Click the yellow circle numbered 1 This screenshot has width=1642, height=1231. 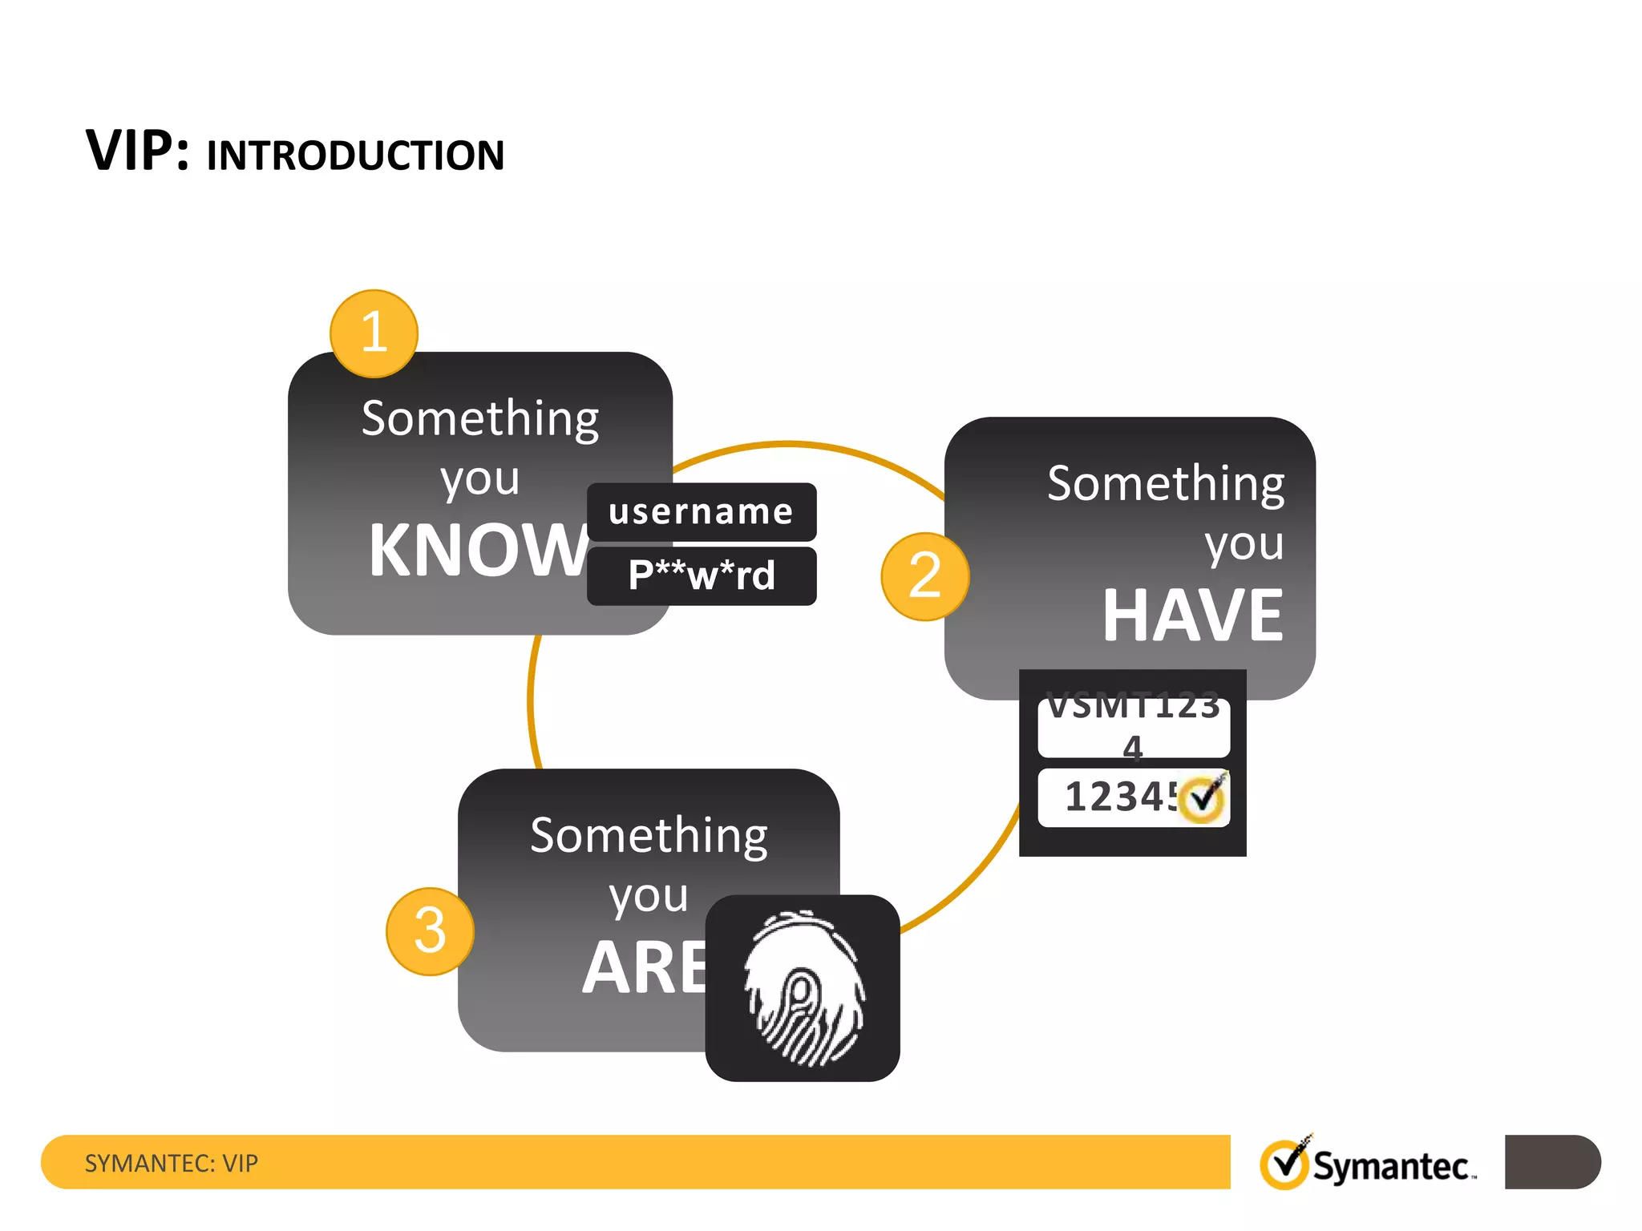374,333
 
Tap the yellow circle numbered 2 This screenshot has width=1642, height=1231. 924,576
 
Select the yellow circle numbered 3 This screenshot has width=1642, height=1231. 430,931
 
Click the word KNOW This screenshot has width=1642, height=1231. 478,551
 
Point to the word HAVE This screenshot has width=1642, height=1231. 1193,615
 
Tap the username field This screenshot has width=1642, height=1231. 702,512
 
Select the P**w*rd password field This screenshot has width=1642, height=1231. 702,575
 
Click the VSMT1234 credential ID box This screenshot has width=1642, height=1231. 1133,726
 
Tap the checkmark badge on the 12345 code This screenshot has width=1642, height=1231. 1203,798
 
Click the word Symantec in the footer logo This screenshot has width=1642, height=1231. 1391,1167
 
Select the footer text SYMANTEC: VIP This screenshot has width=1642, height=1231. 172,1163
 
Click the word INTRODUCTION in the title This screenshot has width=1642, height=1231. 355,155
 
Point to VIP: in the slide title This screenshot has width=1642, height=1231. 137,151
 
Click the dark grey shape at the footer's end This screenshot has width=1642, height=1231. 1552,1161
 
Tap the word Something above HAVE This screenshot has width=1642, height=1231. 1166,484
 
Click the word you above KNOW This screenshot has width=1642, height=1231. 480,480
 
